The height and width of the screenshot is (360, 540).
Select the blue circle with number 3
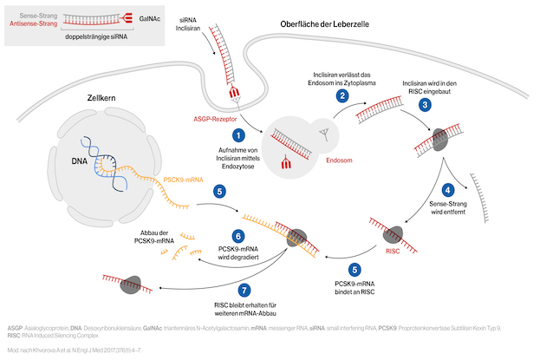pyautogui.click(x=425, y=104)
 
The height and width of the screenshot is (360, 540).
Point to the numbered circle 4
pyautogui.click(x=448, y=189)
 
